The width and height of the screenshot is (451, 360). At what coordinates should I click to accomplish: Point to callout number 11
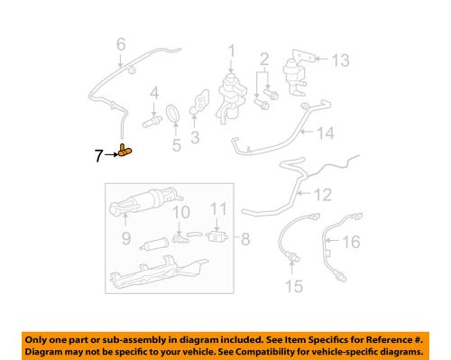tap(219, 211)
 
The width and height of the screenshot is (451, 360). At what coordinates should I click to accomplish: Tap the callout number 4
tap(154, 92)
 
